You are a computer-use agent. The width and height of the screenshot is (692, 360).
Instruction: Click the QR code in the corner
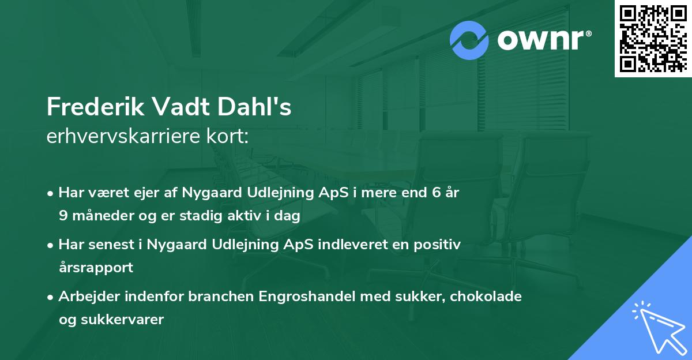click(x=653, y=38)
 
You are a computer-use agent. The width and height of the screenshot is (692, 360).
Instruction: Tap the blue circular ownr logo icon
click(x=469, y=40)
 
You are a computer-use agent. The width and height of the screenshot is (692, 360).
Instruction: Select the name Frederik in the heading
click(x=95, y=107)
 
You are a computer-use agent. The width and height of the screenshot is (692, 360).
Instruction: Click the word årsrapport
click(x=96, y=267)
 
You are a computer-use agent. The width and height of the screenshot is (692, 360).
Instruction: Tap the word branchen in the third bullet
click(x=224, y=297)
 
